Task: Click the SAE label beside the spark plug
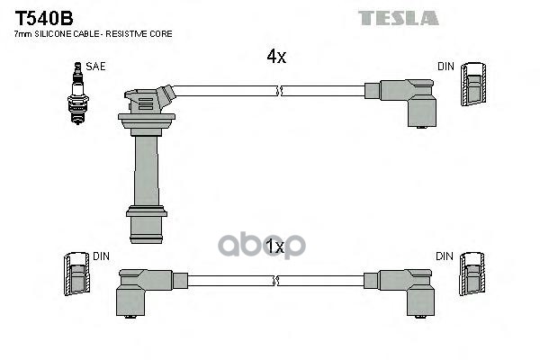(x=94, y=67)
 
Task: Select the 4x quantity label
(x=275, y=57)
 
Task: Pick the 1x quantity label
(x=275, y=245)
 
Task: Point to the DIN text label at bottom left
(x=101, y=256)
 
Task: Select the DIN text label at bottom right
(x=445, y=256)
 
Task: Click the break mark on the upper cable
(x=281, y=90)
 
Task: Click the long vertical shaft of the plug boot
(x=146, y=166)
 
